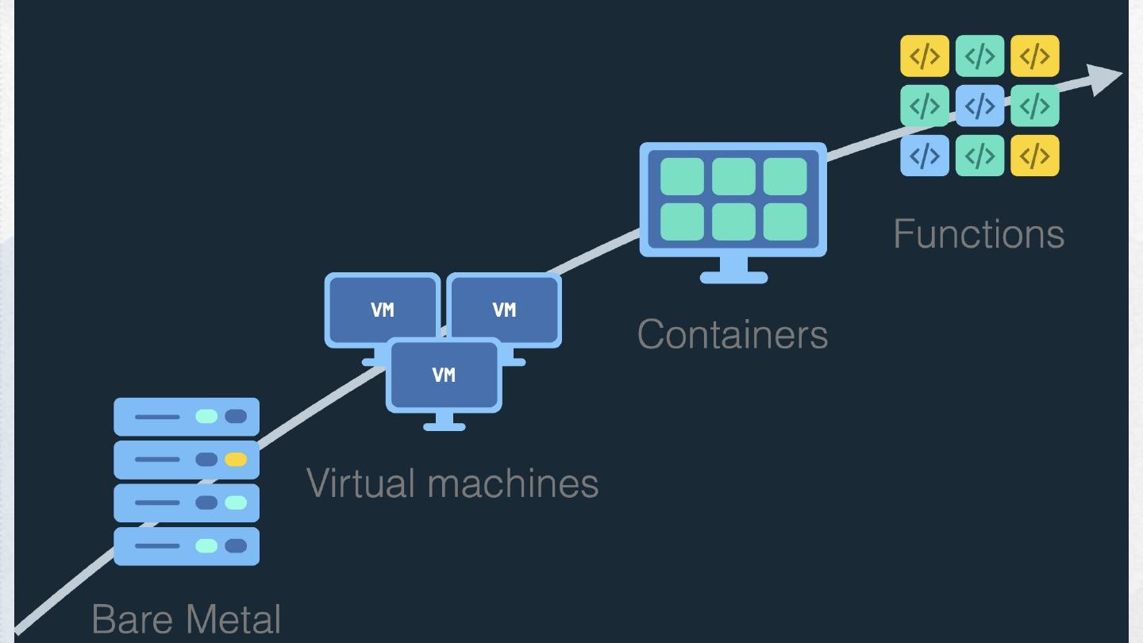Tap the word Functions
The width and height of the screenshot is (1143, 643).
pyautogui.click(x=979, y=234)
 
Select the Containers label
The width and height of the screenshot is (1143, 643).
pyautogui.click(x=732, y=335)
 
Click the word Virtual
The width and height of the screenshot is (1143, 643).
pyautogui.click(x=360, y=483)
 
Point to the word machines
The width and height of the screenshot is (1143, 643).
pyautogui.click(x=513, y=483)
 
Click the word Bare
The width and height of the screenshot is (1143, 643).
pyautogui.click(x=133, y=619)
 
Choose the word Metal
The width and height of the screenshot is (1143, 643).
pyautogui.click(x=233, y=619)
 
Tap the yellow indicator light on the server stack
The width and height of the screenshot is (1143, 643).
pyautogui.click(x=236, y=460)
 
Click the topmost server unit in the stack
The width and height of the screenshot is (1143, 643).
pyautogui.click(x=187, y=417)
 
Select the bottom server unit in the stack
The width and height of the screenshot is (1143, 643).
pyautogui.click(x=187, y=546)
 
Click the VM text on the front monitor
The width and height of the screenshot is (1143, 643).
pyautogui.click(x=444, y=375)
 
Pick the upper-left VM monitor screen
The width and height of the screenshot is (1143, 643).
pyautogui.click(x=383, y=309)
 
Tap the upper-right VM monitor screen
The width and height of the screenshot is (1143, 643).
pyautogui.click(x=504, y=309)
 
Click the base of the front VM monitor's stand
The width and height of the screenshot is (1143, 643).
pyautogui.click(x=444, y=426)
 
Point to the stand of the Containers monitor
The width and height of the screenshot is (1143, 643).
pyautogui.click(x=733, y=271)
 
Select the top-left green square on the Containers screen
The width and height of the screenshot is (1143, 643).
pyautogui.click(x=683, y=176)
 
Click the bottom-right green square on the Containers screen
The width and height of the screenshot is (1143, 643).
pyautogui.click(x=785, y=221)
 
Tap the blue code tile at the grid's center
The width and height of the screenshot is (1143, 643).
pyautogui.click(x=979, y=106)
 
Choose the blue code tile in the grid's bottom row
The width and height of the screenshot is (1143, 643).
pyautogui.click(x=925, y=156)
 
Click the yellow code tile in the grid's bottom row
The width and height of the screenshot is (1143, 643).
pyautogui.click(x=1035, y=156)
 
